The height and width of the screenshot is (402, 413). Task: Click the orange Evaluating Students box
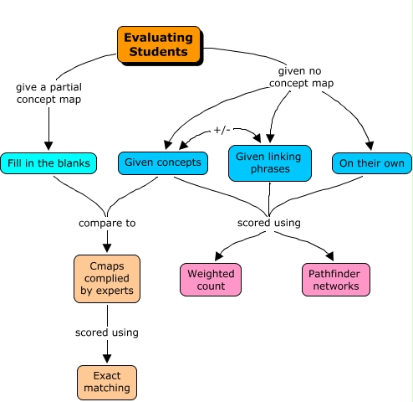(x=159, y=44)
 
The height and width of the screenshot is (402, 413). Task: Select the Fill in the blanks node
(x=48, y=163)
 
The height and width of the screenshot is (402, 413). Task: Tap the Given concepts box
(x=163, y=163)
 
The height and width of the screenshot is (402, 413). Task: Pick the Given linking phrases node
(x=270, y=163)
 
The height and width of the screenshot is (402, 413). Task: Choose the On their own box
(x=372, y=163)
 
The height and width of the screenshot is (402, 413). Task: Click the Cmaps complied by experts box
(x=107, y=279)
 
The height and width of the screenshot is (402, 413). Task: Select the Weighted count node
(x=211, y=280)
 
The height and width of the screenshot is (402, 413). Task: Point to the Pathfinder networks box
(x=336, y=280)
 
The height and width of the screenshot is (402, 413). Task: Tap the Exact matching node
(x=107, y=383)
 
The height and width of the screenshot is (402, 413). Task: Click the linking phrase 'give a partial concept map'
(x=48, y=93)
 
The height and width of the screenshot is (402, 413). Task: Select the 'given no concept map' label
(x=301, y=77)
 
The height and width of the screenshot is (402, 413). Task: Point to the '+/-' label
(x=222, y=130)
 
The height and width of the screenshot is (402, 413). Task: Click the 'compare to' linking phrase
(x=107, y=223)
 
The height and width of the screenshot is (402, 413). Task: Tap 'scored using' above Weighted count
(x=269, y=223)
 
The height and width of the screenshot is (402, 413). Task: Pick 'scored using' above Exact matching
(x=107, y=332)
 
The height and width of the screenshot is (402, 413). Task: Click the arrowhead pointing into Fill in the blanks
(x=48, y=146)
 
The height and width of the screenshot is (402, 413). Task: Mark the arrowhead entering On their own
(x=370, y=146)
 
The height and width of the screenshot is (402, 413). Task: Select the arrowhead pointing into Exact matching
(x=107, y=358)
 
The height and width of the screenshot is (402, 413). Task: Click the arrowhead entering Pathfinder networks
(x=330, y=256)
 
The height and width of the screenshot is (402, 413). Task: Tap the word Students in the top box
(x=159, y=52)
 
